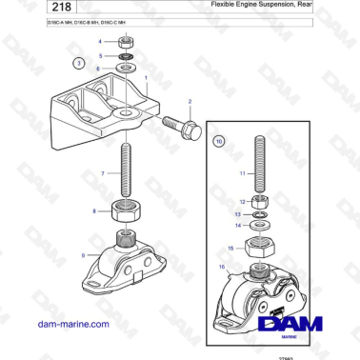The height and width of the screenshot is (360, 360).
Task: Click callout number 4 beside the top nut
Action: pyautogui.click(x=100, y=42)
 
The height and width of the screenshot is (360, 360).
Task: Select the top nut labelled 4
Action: pyautogui.click(x=126, y=42)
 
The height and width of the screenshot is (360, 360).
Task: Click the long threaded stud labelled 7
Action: pyautogui.click(x=125, y=171)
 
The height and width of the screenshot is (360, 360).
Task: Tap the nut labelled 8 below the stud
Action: pyautogui.click(x=125, y=210)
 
